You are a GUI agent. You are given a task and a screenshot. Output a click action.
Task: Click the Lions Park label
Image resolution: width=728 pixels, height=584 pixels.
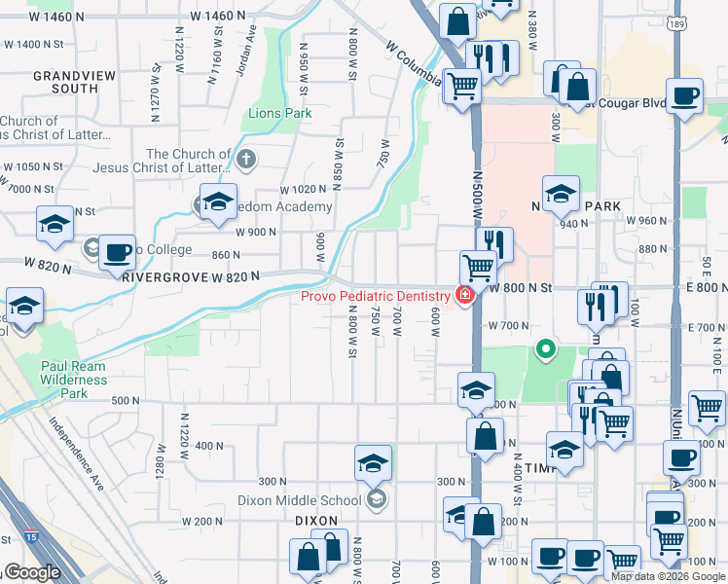279,114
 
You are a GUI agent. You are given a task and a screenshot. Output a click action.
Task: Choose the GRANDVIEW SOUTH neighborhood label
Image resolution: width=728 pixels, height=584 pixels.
65,82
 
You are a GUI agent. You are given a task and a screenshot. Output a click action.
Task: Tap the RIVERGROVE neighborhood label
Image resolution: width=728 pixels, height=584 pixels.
162,276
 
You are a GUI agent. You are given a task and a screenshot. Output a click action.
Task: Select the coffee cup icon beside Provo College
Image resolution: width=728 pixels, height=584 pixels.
118,252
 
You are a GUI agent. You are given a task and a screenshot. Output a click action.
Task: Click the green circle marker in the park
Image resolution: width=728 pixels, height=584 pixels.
546,347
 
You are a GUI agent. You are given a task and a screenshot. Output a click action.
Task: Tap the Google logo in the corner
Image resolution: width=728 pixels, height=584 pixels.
32,573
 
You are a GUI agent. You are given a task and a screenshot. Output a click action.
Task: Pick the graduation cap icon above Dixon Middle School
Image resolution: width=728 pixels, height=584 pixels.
373,464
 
